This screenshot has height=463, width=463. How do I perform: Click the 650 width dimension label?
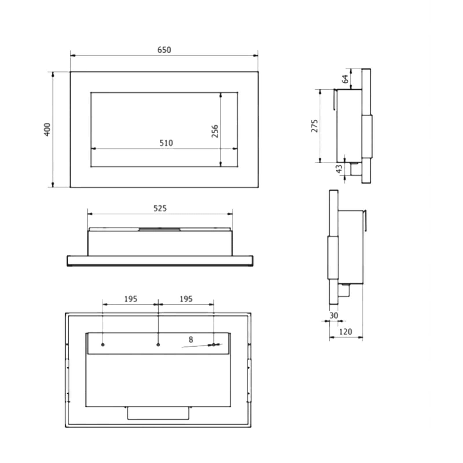(164, 50)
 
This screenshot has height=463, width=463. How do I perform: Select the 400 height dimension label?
(47, 129)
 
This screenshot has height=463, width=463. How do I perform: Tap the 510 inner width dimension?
(166, 143)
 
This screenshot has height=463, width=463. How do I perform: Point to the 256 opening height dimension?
(215, 131)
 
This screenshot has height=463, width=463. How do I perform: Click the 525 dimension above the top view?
(160, 208)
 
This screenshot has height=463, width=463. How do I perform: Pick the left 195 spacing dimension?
(131, 299)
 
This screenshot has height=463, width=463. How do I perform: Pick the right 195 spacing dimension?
(186, 299)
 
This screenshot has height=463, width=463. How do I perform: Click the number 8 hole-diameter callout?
(191, 339)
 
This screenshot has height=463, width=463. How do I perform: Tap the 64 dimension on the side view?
(345, 79)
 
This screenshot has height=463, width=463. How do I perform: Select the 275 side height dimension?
(315, 126)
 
